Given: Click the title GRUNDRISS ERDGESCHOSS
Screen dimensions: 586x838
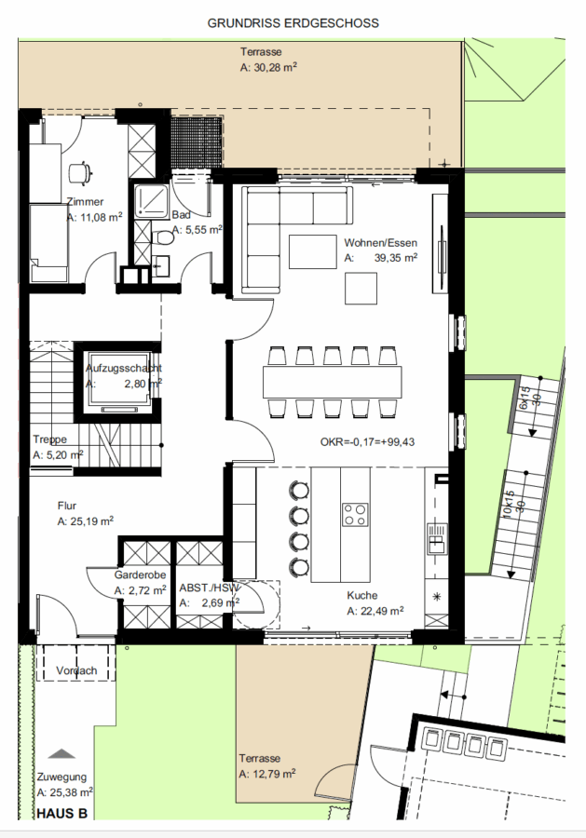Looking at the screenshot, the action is point(293,23).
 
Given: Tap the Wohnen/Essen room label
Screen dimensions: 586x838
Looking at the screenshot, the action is point(381,243).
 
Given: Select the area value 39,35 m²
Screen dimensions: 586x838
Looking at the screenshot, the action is point(396,258).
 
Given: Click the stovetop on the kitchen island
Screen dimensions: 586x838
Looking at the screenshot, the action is point(355,514).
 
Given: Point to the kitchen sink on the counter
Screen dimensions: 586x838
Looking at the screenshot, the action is point(436,538).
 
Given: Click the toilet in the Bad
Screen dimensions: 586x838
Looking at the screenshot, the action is point(161,237).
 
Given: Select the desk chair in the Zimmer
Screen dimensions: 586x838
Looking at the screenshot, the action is point(80,171).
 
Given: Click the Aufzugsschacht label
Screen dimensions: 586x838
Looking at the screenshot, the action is point(124,368).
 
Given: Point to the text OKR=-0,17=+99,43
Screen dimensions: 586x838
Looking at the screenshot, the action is point(367,442).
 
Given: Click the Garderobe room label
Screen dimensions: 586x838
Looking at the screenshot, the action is point(140,575).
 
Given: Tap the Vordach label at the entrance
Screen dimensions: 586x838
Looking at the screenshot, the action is point(76,670).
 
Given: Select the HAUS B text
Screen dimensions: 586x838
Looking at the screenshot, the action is point(62,814).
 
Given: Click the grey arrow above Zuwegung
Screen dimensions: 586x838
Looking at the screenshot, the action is point(62,753).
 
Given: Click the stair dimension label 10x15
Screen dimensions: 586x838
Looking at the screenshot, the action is point(508,504).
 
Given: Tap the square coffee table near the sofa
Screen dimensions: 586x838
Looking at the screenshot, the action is point(361,288).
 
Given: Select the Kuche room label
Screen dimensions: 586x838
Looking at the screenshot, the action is point(362,595).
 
